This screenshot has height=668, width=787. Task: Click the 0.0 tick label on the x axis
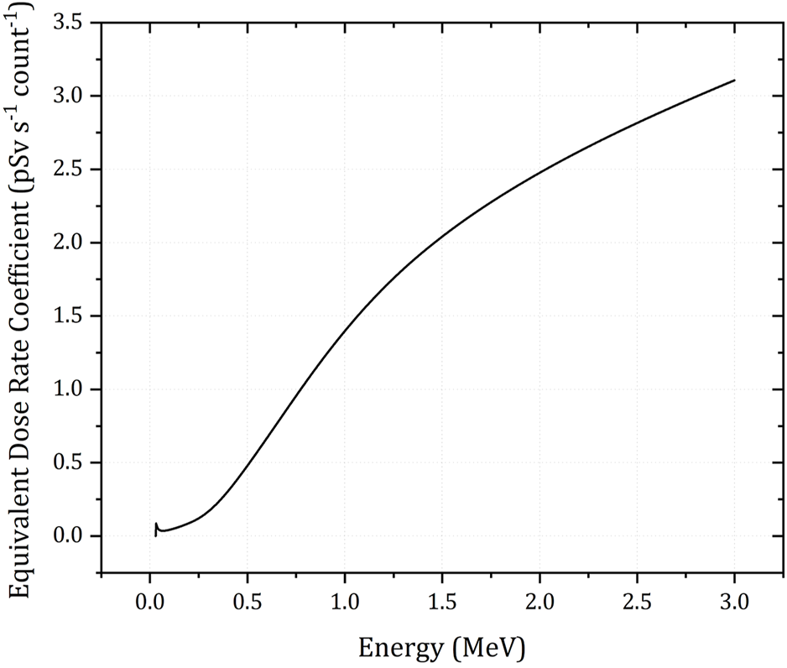pos(149,601)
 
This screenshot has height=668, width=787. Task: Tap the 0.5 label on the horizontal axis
pos(247,601)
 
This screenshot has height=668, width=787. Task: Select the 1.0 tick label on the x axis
pos(345,601)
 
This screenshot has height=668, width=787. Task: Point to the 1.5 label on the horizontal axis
pos(442,601)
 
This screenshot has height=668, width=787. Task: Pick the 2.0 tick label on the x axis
pos(539,601)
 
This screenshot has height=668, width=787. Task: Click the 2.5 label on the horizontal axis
pos(638,601)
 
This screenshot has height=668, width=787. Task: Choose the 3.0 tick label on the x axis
pos(735,601)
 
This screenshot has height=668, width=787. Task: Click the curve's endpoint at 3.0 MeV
pos(735,81)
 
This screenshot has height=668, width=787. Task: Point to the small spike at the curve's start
pos(156,525)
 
